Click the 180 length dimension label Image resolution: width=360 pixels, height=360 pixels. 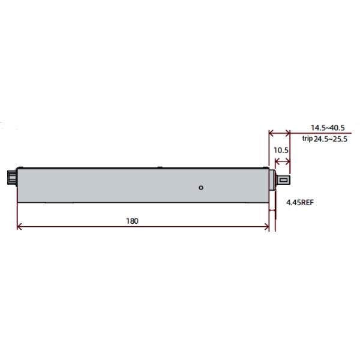pyautogui.click(x=132, y=221)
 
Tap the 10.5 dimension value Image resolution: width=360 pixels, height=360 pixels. pyautogui.click(x=281, y=150)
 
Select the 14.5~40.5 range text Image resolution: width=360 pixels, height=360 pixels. pyautogui.click(x=328, y=128)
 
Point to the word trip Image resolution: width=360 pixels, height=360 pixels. pyautogui.click(x=307, y=139)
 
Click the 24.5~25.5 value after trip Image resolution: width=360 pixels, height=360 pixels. pyautogui.click(x=331, y=139)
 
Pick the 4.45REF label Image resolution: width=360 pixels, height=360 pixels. pyautogui.click(x=300, y=203)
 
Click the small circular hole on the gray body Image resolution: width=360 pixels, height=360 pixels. pyautogui.click(x=201, y=188)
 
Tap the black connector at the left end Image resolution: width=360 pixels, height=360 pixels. pyautogui.click(x=12, y=178)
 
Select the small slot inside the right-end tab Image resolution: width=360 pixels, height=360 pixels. pyautogui.click(x=284, y=180)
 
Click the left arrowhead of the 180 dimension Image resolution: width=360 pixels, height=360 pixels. pyautogui.click(x=19, y=227)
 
